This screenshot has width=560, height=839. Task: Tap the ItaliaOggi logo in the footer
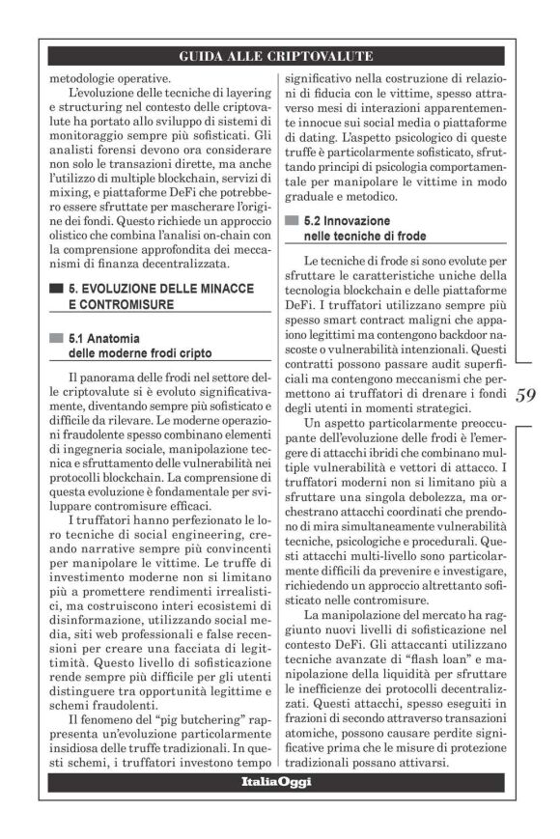(x=276, y=781)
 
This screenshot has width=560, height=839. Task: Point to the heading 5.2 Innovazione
(x=347, y=221)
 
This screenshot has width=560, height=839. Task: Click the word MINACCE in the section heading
(x=220, y=289)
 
